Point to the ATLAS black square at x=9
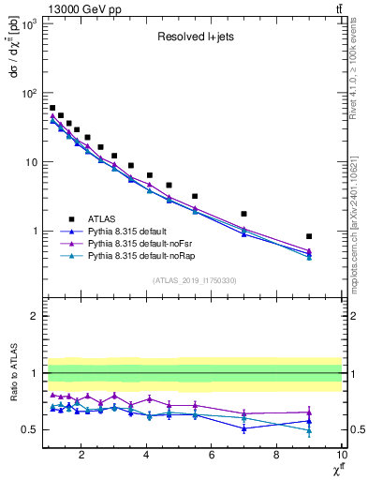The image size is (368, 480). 309,236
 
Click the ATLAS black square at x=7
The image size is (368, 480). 243,214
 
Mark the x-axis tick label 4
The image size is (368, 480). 147,456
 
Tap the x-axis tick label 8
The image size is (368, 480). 276,456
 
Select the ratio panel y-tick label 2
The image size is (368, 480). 33,317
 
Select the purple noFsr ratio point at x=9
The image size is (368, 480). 309,412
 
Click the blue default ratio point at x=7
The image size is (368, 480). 243,428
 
